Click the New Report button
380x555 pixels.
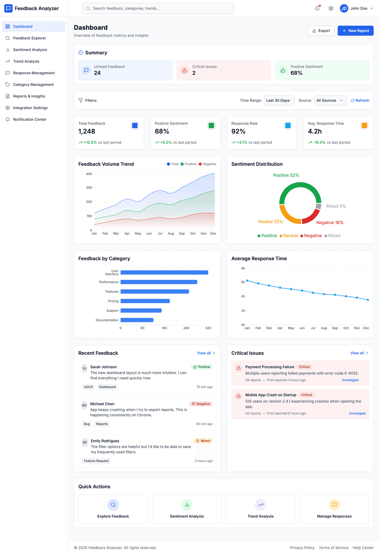click(x=355, y=31)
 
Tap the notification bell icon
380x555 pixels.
click(x=317, y=8)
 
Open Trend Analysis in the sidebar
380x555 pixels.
click(x=26, y=61)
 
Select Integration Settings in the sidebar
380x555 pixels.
click(x=30, y=108)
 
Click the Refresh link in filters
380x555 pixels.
click(x=360, y=100)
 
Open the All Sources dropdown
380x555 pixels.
click(x=330, y=100)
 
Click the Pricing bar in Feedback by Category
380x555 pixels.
click(x=145, y=301)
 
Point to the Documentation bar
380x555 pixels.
click(x=137, y=320)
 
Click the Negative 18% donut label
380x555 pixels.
click(x=330, y=223)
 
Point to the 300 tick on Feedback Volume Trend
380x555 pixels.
click(x=89, y=188)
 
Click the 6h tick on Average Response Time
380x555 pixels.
click(x=243, y=282)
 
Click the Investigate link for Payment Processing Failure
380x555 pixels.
click(x=350, y=380)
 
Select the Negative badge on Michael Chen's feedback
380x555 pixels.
click(x=201, y=404)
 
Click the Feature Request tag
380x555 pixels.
click(x=96, y=461)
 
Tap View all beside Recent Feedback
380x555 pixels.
click(x=206, y=353)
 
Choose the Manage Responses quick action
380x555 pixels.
click(x=334, y=509)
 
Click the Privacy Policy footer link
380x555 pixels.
click(x=302, y=548)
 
